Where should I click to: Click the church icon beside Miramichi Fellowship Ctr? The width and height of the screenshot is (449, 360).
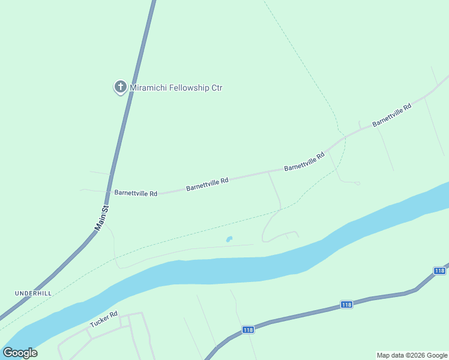point(120,88)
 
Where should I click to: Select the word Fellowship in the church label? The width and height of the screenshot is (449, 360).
point(190,88)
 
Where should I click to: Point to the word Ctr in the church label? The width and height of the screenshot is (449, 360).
point(217,88)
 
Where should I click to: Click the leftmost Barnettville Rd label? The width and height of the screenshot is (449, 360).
point(135,193)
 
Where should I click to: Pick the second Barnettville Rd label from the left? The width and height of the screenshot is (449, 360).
point(207,184)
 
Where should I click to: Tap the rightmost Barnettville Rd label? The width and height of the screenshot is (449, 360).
point(391,115)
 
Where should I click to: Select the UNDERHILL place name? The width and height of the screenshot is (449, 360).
point(34,293)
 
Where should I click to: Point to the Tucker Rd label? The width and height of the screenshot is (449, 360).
point(104,319)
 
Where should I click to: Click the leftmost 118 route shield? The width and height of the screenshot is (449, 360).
point(249,330)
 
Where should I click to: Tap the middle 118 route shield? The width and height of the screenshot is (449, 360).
point(346,305)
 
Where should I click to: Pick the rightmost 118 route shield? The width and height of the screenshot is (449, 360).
point(439,271)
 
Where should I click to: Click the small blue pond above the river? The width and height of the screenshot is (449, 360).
point(229,239)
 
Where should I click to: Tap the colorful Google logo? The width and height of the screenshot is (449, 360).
point(20,353)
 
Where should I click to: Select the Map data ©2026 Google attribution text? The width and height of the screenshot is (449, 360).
point(412,355)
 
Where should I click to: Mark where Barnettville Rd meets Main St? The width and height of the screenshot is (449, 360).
point(110,191)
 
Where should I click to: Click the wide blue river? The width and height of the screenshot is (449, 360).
point(240,270)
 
